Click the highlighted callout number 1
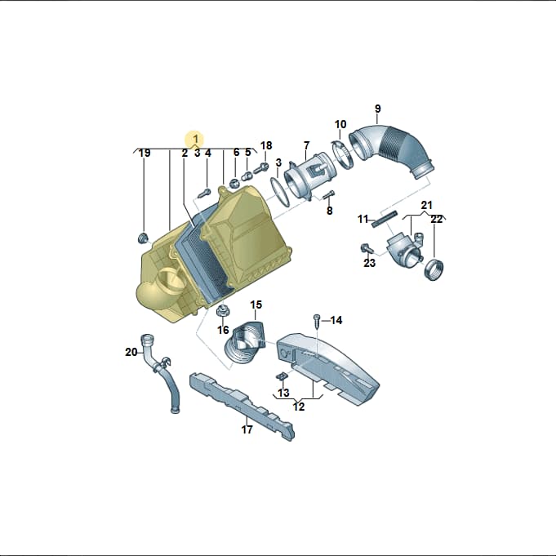click(x=195, y=138)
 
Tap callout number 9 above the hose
click(x=378, y=109)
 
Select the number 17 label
click(x=247, y=429)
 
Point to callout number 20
click(x=131, y=352)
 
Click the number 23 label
click(x=369, y=263)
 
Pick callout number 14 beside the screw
click(x=336, y=320)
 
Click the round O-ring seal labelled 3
click(x=280, y=192)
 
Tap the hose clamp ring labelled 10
click(x=342, y=154)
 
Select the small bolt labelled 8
click(x=329, y=194)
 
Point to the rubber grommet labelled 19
click(x=143, y=238)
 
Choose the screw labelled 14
click(x=316, y=321)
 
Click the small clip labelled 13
click(x=281, y=376)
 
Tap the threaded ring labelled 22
click(x=434, y=269)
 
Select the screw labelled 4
click(x=204, y=193)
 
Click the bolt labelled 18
click(x=260, y=168)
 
